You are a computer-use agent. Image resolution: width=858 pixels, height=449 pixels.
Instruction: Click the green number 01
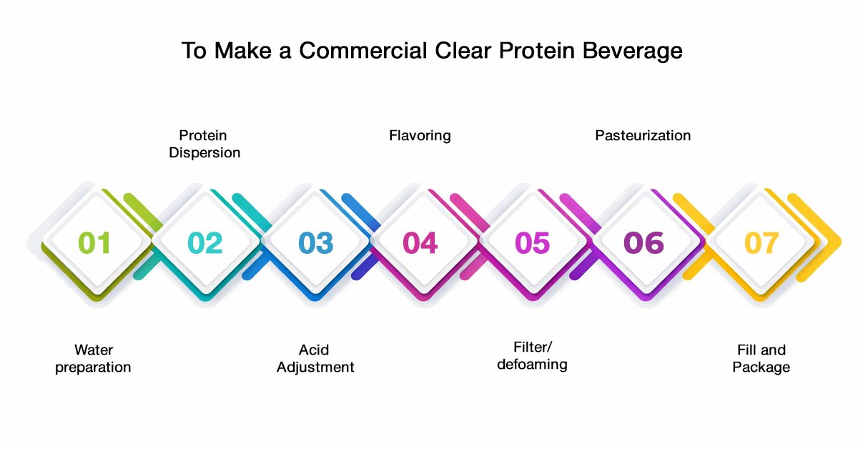coord(94,242)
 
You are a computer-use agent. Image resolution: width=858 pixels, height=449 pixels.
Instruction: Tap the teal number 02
coord(205,242)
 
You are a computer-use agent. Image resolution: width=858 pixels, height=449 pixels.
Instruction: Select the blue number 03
coord(315,242)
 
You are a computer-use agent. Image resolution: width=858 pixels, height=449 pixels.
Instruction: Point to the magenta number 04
coord(420,242)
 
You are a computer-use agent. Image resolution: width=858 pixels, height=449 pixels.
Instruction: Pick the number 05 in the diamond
coord(533,242)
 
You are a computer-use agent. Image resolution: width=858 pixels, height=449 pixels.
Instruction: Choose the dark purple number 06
coord(643,242)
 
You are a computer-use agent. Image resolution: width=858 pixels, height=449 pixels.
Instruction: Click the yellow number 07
coord(761,242)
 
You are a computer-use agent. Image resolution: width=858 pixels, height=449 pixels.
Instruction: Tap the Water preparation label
coord(93,359)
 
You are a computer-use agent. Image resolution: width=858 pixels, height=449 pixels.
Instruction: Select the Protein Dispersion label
coord(204,144)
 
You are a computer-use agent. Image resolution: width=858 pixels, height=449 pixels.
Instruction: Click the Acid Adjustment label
coord(315,359)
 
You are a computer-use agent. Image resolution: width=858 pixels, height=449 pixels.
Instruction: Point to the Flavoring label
coord(420,136)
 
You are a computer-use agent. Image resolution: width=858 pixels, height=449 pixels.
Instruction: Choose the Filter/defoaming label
coord(533,356)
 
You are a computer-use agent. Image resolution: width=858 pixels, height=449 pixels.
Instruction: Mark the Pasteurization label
coord(643,136)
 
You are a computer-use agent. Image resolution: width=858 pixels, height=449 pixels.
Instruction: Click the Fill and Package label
coord(761,359)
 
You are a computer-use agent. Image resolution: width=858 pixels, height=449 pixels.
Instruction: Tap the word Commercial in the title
coord(363,51)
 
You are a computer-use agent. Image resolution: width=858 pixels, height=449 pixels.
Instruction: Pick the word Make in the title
coord(243,51)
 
